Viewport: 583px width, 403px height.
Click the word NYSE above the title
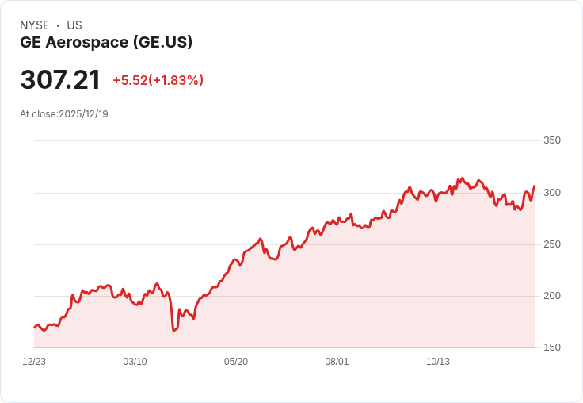coord(35,25)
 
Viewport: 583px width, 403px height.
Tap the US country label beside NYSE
coord(74,25)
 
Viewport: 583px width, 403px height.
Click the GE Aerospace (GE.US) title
coord(106,42)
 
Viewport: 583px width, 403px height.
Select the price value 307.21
coord(60,79)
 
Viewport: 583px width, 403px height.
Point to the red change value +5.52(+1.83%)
coord(158,80)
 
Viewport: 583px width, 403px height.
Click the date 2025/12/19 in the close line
coord(83,114)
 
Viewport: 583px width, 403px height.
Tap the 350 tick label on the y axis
coord(552,140)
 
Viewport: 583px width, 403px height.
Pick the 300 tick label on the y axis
coord(552,193)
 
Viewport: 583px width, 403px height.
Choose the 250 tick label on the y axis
coord(552,244)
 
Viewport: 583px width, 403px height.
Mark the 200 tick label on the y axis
coord(552,296)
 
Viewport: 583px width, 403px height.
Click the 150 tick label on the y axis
coord(552,347)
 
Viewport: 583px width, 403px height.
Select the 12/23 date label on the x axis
coord(34,362)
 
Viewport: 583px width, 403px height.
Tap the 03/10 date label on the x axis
coord(135,362)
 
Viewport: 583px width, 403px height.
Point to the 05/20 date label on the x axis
coord(236,362)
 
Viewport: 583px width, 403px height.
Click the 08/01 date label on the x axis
coord(337,362)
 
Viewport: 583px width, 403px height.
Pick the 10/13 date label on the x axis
coord(438,362)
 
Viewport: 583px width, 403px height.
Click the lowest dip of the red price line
coord(173,330)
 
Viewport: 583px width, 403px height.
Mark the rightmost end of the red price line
coord(535,186)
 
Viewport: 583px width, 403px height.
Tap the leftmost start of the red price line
coord(35,328)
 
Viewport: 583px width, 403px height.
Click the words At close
coord(38,114)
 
